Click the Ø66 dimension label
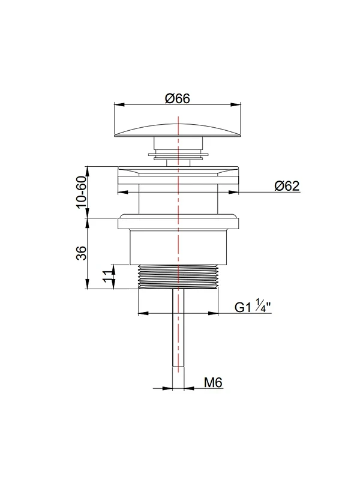tap(178, 98)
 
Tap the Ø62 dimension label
tap(287, 186)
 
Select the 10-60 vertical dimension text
tap(82, 192)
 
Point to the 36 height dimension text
tap(82, 253)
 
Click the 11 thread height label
tap(109, 277)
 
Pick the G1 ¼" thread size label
tap(253, 307)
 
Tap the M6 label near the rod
tap(213, 382)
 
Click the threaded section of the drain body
tap(178, 277)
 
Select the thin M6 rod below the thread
tap(178, 327)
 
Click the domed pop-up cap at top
tap(178, 131)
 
